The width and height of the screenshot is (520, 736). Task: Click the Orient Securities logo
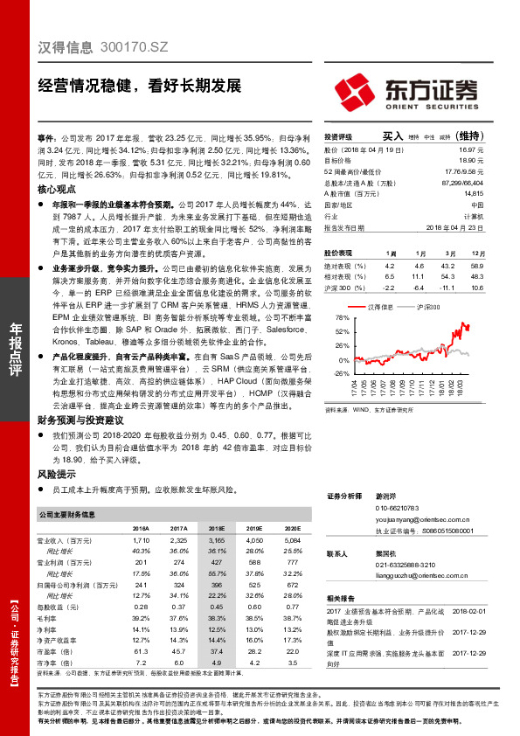click(406, 92)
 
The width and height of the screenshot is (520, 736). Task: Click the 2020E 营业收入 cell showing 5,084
click(293, 542)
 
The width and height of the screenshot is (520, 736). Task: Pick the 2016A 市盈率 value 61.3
click(140, 650)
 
